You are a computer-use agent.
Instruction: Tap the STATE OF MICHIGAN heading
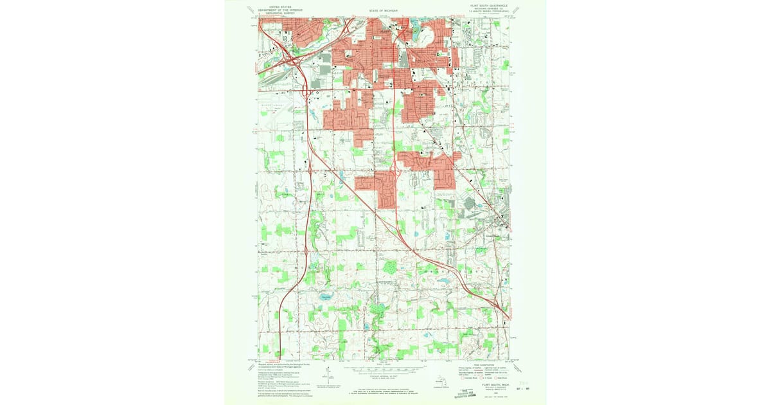point(385,11)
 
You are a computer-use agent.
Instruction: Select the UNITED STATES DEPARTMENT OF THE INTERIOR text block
point(278,10)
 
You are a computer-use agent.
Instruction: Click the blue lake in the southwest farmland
point(326,297)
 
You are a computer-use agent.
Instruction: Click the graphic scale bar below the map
point(385,370)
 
